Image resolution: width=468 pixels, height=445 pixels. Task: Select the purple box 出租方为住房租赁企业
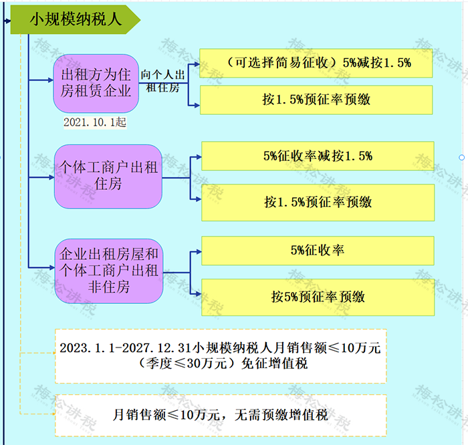(96, 83)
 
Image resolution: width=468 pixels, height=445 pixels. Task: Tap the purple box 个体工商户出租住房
(108, 176)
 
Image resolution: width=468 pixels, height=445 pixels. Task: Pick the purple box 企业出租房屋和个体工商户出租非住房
(108, 270)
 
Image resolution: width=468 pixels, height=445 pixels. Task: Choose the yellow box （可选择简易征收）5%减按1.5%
(318, 63)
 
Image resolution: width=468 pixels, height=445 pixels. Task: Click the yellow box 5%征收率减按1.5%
(318, 156)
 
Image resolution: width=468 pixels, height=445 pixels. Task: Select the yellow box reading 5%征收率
(318, 251)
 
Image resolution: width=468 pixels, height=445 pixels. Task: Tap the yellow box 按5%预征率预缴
(318, 297)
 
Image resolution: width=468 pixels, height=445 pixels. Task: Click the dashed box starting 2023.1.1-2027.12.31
(220, 355)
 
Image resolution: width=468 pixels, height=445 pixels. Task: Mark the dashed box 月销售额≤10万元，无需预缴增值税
(220, 415)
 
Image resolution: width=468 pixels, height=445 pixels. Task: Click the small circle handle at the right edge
(462, 158)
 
